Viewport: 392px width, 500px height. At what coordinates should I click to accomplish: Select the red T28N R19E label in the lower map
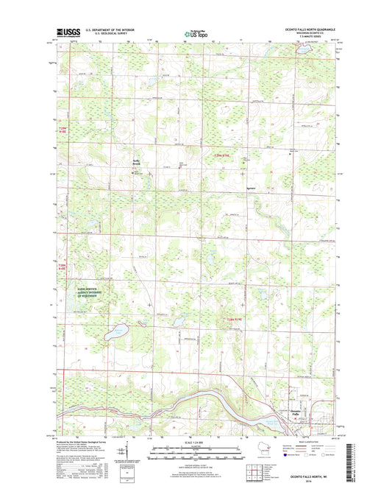pyautogui.click(x=235, y=318)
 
